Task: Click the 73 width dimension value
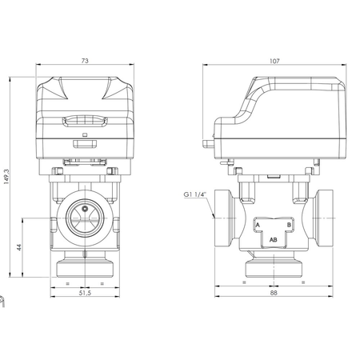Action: (x=82, y=61)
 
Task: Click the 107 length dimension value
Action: (x=274, y=61)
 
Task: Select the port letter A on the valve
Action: (x=258, y=225)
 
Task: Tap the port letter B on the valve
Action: (x=289, y=225)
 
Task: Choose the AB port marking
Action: (x=274, y=239)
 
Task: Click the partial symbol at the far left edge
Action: (x=2, y=302)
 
